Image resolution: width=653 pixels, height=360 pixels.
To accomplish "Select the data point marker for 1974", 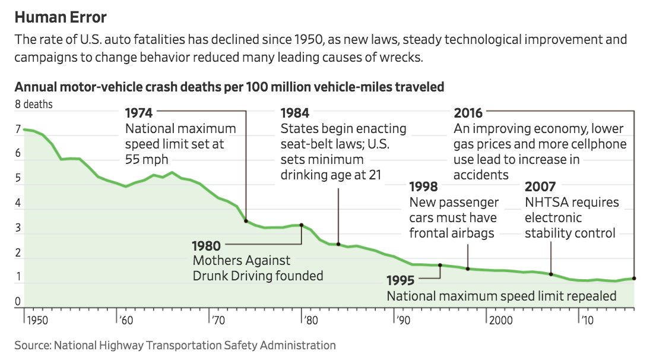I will pos(246,221).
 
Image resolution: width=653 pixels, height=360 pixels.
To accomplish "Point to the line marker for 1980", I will pos(302,225).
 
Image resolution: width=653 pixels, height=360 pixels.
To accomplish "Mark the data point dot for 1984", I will pos(338,244).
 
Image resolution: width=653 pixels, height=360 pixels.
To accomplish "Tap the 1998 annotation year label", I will pos(424,187).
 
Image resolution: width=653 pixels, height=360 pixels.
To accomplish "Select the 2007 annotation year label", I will pos(541,187).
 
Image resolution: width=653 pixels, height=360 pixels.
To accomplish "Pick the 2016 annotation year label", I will pos(468,113).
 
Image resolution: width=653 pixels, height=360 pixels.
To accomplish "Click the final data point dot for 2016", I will pos(634,278).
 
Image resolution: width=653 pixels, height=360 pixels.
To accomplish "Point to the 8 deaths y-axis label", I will pos(34,105).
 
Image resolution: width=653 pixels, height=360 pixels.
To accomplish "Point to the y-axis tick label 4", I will pos(18,204).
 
